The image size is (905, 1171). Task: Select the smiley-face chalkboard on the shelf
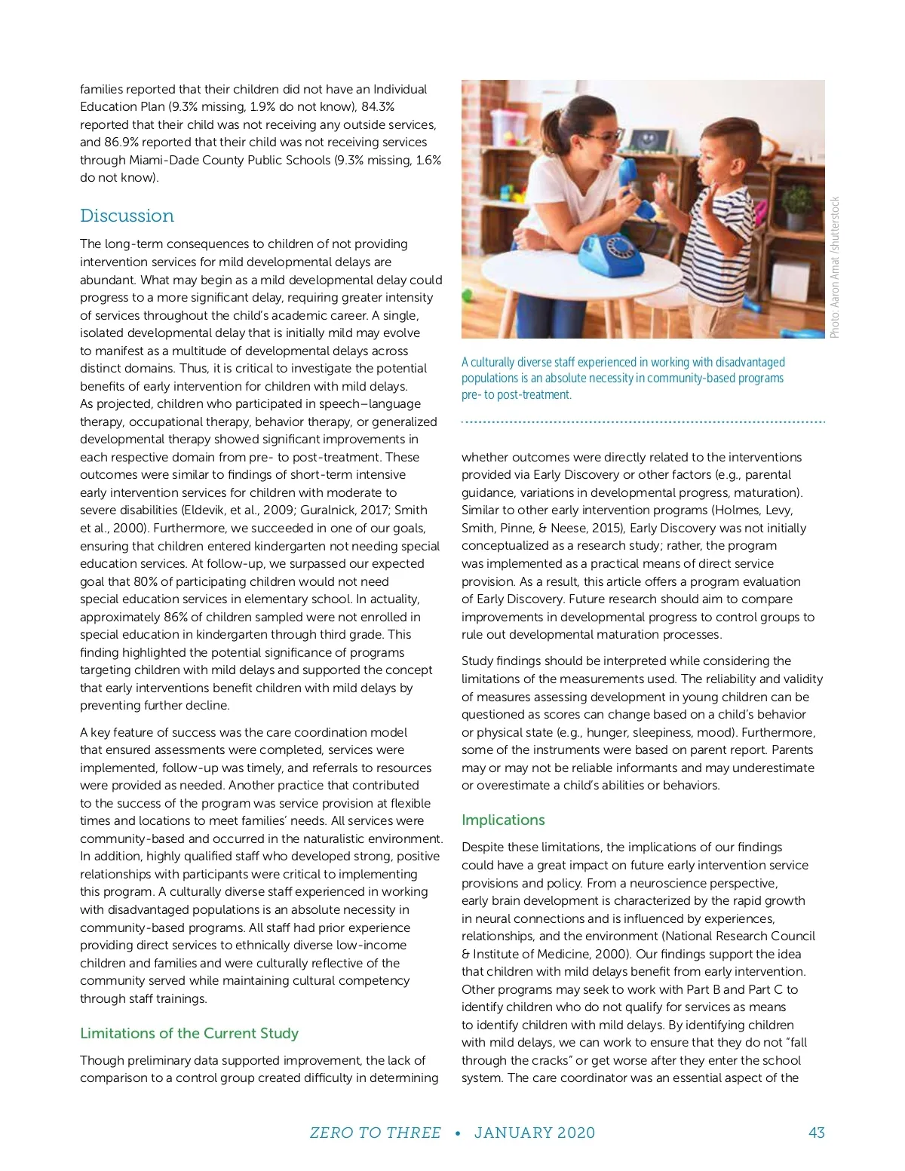[646, 139]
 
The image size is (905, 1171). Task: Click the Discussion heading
[127, 216]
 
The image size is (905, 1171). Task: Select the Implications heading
[503, 820]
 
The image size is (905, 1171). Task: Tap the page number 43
[816, 1133]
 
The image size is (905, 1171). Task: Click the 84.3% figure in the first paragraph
[378, 106]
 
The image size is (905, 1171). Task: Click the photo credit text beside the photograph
[835, 268]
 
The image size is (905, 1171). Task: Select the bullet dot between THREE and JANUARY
[458, 1133]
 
